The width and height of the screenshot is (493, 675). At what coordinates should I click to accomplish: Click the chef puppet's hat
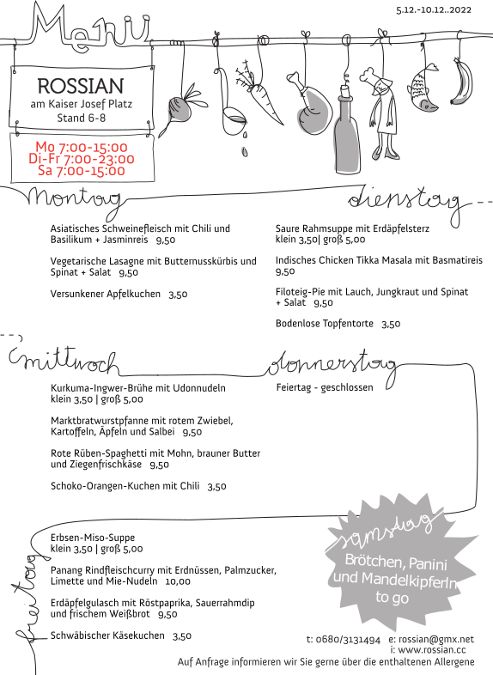click(374, 75)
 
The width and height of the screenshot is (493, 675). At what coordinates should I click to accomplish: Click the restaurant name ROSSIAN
click(81, 86)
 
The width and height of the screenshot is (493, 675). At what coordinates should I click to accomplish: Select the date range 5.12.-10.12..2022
click(434, 10)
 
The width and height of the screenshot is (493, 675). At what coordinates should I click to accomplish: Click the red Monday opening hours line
click(82, 147)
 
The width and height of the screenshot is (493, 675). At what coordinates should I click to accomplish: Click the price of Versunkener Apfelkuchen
click(178, 295)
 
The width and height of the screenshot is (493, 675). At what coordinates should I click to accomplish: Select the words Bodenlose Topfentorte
click(325, 323)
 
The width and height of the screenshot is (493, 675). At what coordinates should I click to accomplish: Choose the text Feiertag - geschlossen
click(325, 387)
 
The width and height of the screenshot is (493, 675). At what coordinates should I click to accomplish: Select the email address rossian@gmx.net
click(436, 640)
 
